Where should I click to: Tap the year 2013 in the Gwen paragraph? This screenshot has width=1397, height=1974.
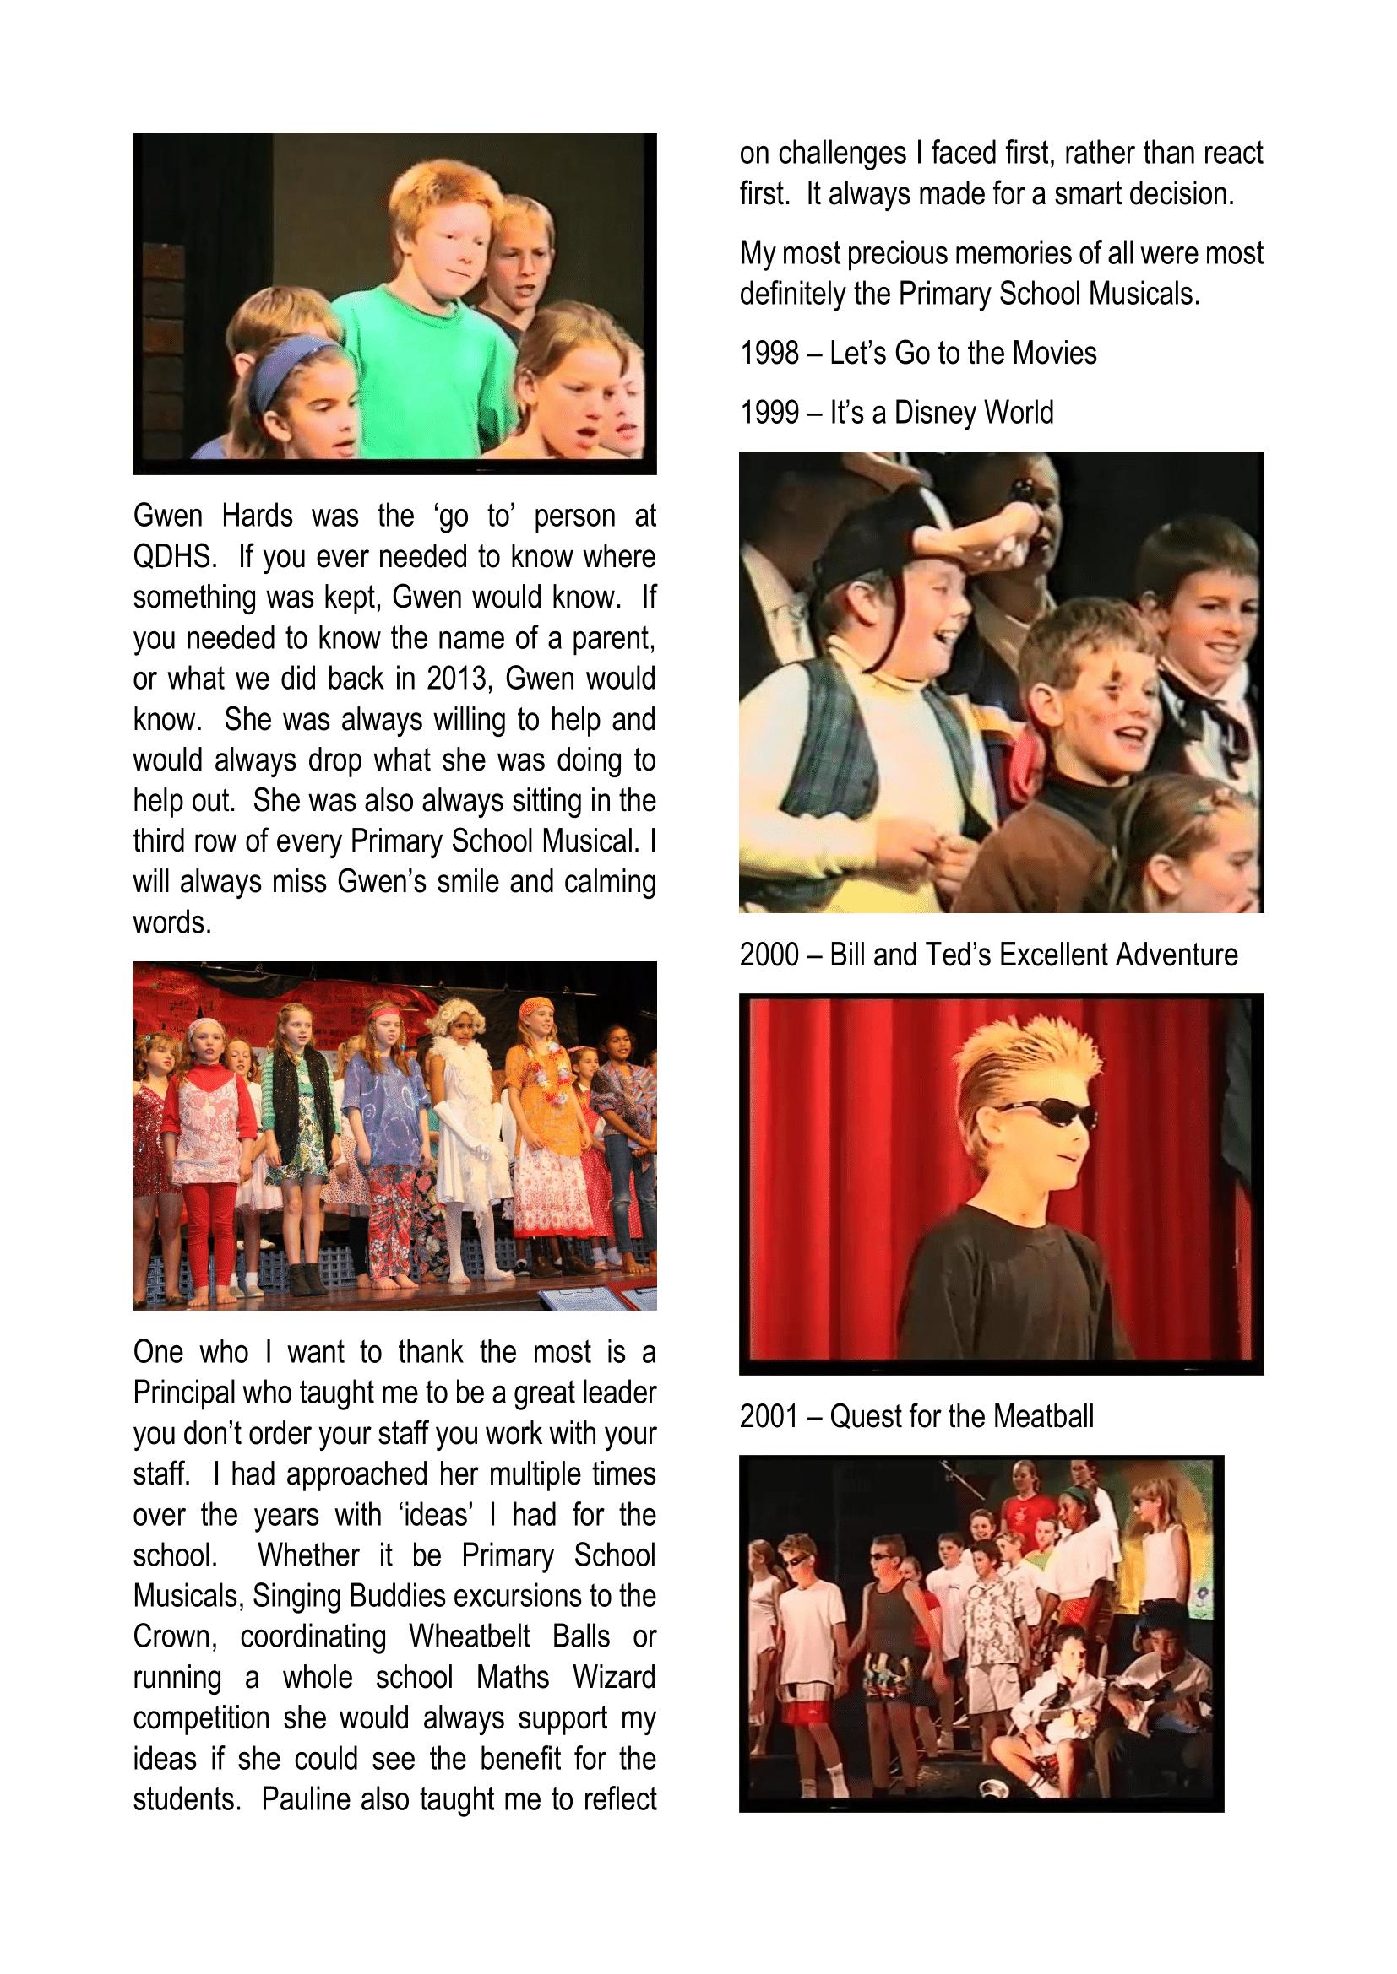pyautogui.click(x=458, y=679)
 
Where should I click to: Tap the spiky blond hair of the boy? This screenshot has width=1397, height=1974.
pyautogui.click(x=1028, y=1058)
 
